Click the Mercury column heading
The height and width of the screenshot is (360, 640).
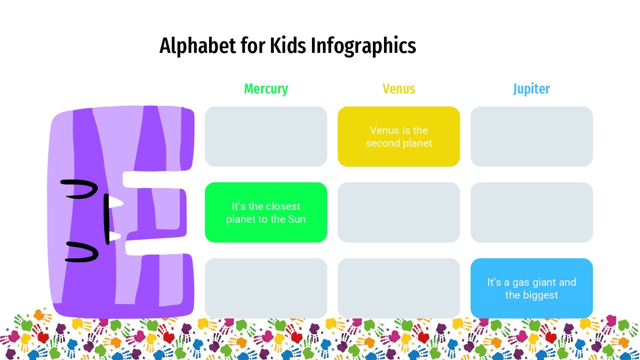266,89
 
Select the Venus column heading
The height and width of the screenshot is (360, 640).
399,89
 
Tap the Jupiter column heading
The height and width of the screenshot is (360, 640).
531,89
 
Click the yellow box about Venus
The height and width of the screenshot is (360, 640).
399,136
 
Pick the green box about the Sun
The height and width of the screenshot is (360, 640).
266,212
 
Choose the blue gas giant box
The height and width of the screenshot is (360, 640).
531,288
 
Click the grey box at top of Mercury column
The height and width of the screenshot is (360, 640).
266,136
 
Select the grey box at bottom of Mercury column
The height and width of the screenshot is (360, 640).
266,288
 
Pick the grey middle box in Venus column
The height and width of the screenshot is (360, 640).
399,212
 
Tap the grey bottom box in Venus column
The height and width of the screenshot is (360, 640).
399,288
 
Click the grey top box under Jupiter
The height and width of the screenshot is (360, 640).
531,136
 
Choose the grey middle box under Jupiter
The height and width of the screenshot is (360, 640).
531,212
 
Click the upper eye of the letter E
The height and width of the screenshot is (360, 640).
80,189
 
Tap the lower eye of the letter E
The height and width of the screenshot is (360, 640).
83,252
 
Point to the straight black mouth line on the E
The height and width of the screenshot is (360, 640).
106,218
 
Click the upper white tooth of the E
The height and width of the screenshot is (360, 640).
115,202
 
